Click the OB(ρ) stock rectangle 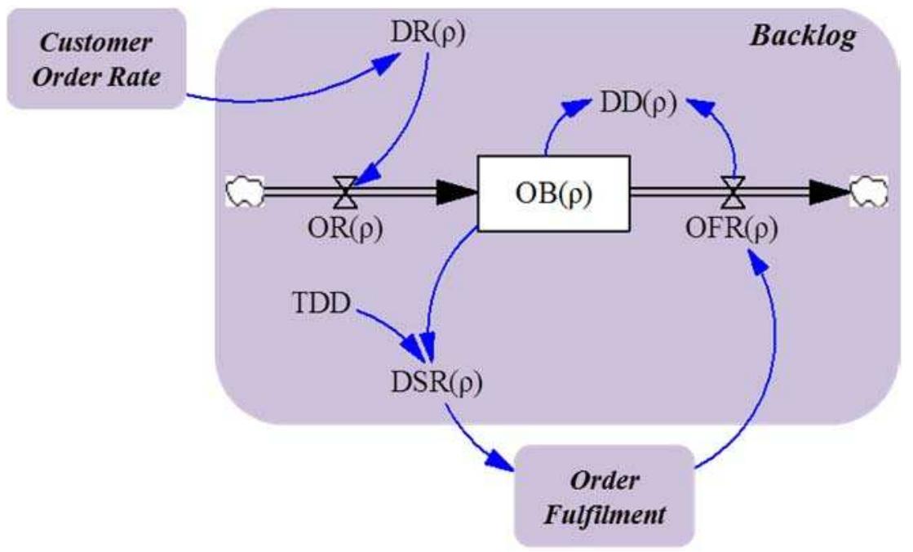552,194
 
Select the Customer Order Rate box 93,58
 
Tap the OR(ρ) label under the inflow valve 346,229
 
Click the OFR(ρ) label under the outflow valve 730,229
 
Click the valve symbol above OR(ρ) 346,194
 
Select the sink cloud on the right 869,193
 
